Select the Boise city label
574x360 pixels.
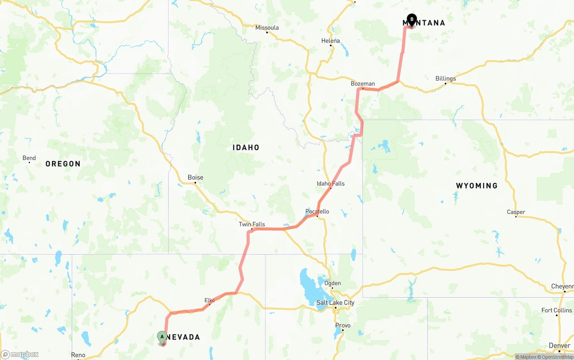(x=196, y=178)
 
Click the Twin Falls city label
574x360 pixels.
(x=252, y=224)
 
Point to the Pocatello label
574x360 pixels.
(x=317, y=212)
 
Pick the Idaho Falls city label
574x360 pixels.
(x=330, y=183)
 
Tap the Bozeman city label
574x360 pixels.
(x=363, y=84)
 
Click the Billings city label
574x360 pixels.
(x=446, y=78)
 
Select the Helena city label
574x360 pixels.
(x=331, y=41)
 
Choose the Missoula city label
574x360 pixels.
(x=267, y=28)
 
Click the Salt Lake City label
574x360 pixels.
(x=335, y=303)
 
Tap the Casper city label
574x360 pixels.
(x=516, y=212)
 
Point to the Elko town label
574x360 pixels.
(x=209, y=300)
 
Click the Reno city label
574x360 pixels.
(x=78, y=355)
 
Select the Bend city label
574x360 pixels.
(x=29, y=158)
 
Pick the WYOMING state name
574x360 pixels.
(x=477, y=186)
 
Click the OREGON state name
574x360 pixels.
(x=63, y=164)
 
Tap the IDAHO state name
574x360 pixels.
(x=246, y=147)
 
